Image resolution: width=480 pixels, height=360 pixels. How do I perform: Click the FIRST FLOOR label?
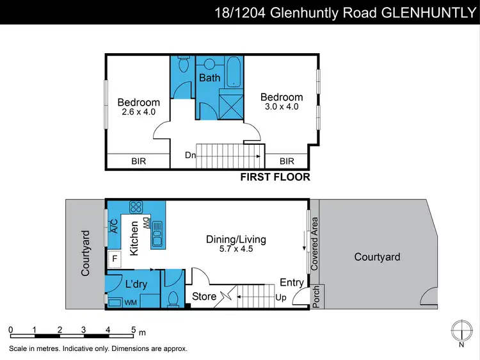tap(275, 177)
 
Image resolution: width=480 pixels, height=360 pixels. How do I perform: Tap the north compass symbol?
tap(461, 330)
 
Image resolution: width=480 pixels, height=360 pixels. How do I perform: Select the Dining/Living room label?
tap(236, 240)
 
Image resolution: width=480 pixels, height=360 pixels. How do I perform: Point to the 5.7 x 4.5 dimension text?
tap(236, 249)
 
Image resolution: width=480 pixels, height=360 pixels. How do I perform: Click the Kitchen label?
tap(135, 239)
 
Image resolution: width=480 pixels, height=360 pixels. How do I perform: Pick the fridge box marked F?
tap(115, 259)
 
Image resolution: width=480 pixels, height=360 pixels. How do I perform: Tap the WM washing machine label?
tap(131, 301)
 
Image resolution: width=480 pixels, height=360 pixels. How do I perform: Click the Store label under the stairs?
tap(204, 297)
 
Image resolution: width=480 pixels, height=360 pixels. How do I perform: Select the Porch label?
tap(315, 297)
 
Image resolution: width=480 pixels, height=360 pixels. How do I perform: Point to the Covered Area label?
tap(315, 243)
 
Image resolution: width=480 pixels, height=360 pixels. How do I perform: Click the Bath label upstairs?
tap(209, 78)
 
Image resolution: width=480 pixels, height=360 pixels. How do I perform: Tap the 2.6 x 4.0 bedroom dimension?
tap(138, 111)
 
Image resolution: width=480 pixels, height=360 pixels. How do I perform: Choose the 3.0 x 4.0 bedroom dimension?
tap(282, 106)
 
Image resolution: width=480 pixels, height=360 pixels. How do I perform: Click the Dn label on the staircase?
tap(190, 155)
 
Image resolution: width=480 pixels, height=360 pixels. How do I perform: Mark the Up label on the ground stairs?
tap(280, 298)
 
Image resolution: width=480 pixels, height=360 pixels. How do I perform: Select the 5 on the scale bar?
tap(133, 330)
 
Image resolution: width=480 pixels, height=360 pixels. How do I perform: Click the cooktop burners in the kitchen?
tap(136, 207)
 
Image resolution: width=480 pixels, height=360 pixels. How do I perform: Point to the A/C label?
tap(114, 225)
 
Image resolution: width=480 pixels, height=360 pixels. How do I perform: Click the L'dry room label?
tap(136, 284)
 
